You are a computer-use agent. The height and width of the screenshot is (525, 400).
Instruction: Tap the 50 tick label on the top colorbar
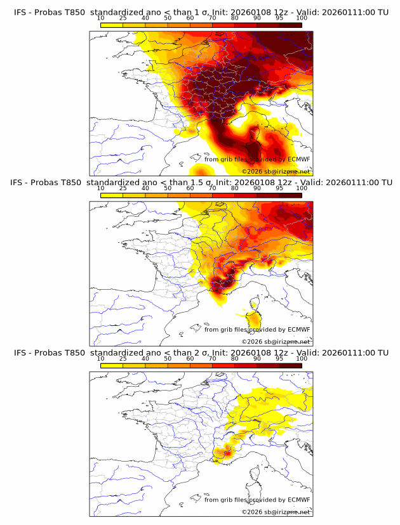[168, 18]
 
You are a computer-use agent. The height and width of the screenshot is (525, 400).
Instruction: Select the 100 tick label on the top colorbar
[302, 18]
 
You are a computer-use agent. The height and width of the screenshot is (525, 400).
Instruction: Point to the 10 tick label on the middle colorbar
[100, 188]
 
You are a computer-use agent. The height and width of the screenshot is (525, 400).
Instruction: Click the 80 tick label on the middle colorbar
[235, 188]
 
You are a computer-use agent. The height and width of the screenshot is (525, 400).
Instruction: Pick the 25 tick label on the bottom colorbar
[123, 358]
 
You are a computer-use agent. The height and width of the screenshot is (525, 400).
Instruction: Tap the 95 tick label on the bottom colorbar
[279, 358]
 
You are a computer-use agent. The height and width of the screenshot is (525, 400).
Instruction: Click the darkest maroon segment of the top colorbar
[291, 25]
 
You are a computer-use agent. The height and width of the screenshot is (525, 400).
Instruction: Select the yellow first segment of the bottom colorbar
[111, 365]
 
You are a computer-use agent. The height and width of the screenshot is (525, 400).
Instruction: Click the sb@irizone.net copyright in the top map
[276, 171]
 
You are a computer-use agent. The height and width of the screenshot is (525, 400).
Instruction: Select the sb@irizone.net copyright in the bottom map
[276, 511]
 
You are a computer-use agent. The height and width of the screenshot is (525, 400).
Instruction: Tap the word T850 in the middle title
[74, 182]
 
